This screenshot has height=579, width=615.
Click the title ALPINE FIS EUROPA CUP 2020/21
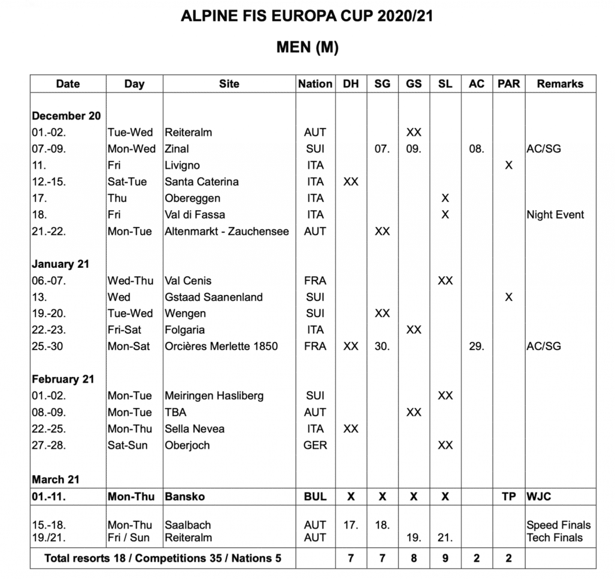tap(307, 16)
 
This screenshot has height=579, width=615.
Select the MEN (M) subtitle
tap(307, 47)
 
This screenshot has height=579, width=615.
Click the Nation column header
tap(315, 84)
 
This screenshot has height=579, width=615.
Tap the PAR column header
tap(509, 84)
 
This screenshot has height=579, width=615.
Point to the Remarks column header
tap(560, 84)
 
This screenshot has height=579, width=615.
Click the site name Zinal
tap(177, 148)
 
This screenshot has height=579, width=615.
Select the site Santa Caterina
tap(201, 181)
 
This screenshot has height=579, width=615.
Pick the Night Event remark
tap(555, 214)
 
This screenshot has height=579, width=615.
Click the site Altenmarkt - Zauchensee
tap(226, 231)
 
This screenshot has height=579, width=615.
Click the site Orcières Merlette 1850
tap(221, 346)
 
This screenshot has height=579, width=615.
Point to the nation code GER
tap(315, 445)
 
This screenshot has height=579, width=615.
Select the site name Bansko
tap(184, 497)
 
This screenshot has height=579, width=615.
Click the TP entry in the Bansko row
tap(509, 497)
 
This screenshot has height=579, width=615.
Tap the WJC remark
tap(539, 497)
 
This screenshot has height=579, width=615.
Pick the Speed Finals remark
tap(559, 525)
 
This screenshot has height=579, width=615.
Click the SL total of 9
tap(445, 559)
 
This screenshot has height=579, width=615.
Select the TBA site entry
tap(175, 412)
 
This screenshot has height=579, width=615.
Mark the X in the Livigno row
tap(509, 165)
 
